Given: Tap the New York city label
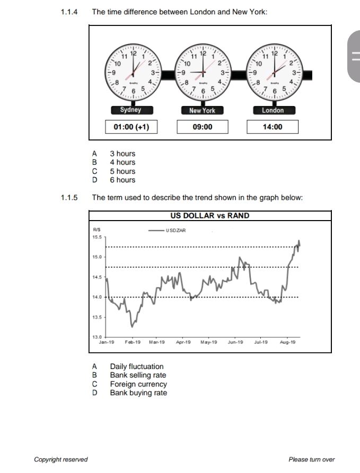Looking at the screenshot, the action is [x=203, y=110].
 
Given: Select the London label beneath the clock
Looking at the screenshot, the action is [x=273, y=110].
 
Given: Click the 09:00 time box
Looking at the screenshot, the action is [x=203, y=127].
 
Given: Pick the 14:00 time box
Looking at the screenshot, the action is [x=273, y=127].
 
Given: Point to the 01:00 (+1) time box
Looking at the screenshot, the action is [x=131, y=127].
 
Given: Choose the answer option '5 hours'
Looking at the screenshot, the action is [x=122, y=171].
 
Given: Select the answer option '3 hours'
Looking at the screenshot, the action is [x=122, y=154].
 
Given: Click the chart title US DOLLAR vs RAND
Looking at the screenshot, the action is [x=210, y=216].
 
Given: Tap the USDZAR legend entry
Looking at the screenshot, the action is [x=168, y=231].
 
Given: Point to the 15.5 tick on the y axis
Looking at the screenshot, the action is [x=97, y=237].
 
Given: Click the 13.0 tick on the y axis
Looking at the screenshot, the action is [x=97, y=337].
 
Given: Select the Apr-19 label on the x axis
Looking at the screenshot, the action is [x=183, y=342].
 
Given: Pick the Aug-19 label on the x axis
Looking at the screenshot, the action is [x=288, y=342].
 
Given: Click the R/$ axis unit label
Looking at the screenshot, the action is [x=96, y=230].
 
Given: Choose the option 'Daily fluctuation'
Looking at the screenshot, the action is [x=137, y=366].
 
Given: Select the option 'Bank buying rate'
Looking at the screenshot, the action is [x=138, y=393].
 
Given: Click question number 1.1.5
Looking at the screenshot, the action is [x=69, y=198].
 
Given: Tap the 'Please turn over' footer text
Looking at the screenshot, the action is [x=311, y=459].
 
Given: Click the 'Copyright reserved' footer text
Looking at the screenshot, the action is [x=60, y=459].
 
